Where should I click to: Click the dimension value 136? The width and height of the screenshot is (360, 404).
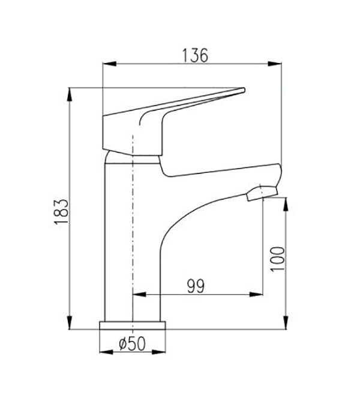coord(195,55)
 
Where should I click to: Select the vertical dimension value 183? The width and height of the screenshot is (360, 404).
coord(62,211)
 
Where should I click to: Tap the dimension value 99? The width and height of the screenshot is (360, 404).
coord(196,286)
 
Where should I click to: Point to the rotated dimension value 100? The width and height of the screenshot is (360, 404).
coord(278,259)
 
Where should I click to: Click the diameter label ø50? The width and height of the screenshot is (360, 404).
coord(133,344)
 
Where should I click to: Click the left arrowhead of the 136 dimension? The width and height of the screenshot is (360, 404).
coord(109,64)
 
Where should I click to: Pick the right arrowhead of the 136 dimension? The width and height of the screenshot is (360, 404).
coord(275,64)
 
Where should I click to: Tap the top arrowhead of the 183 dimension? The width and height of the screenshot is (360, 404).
coord(69,95)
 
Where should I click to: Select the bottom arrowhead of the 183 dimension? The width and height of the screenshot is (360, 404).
coord(69,322)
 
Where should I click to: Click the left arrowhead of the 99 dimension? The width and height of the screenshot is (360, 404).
coord(139,294)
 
